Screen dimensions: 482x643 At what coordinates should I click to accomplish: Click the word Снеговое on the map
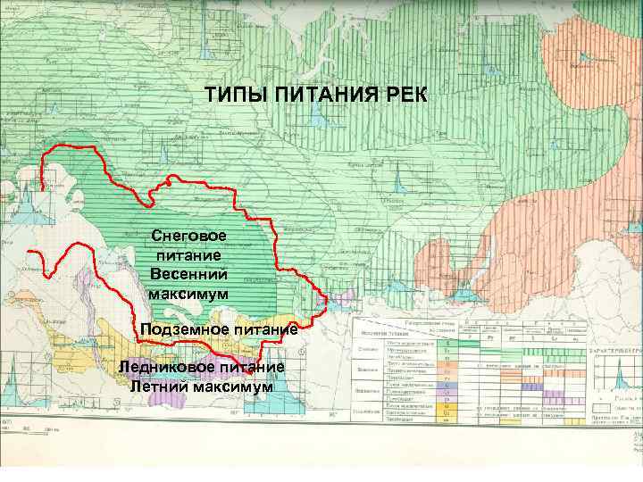(x=188, y=237)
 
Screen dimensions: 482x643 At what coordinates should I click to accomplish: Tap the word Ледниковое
(x=168, y=366)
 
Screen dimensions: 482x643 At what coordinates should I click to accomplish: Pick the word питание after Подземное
(x=264, y=331)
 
